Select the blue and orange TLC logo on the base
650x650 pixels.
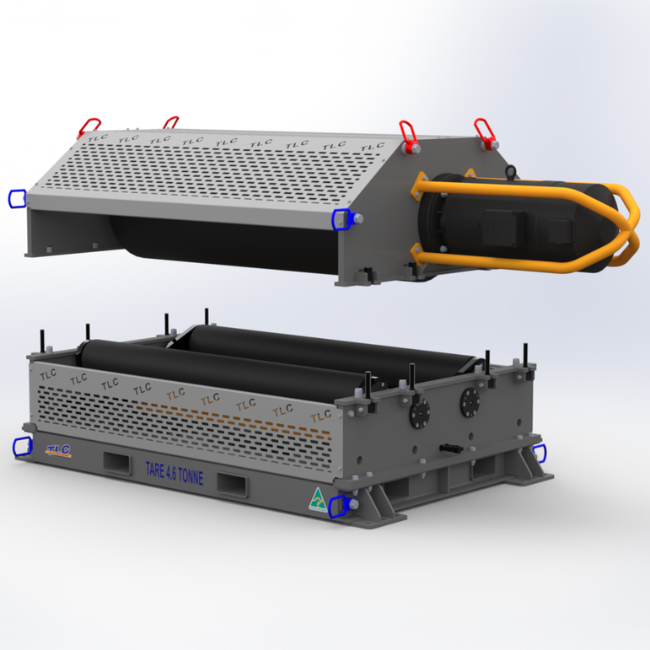(x=58, y=450)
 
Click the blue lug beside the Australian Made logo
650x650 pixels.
(x=340, y=506)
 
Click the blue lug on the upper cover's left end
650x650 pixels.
(x=16, y=198)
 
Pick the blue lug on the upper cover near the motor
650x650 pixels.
(x=341, y=218)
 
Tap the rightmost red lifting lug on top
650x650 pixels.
(x=483, y=131)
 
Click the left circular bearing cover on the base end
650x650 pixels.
(x=419, y=411)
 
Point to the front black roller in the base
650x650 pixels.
(x=211, y=367)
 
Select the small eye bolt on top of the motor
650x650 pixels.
(x=510, y=172)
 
